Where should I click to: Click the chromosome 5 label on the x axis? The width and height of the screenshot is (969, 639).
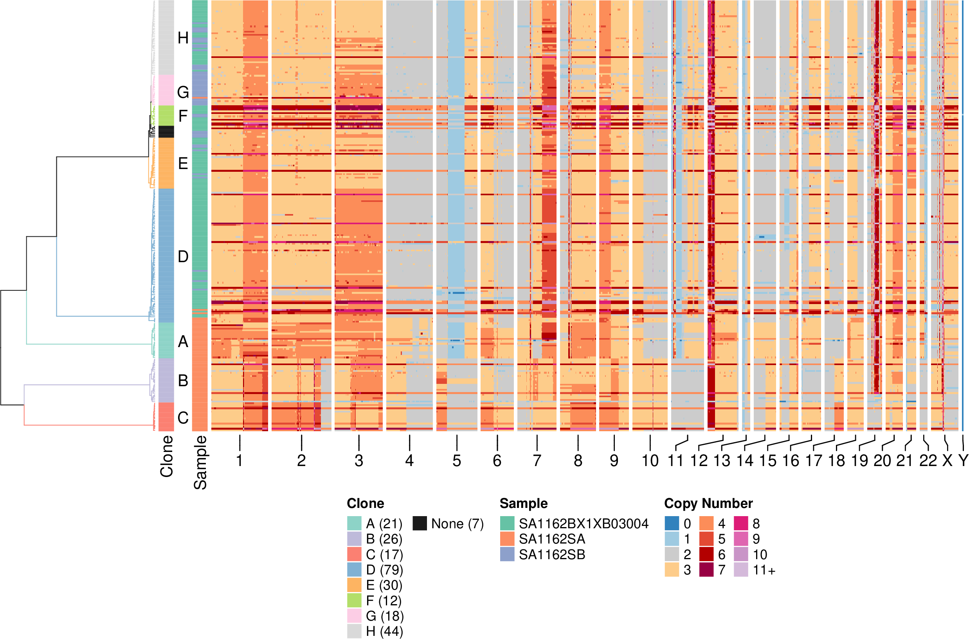(x=456, y=461)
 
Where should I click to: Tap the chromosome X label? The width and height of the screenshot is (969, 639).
(x=947, y=461)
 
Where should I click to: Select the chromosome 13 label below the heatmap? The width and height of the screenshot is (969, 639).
(x=722, y=461)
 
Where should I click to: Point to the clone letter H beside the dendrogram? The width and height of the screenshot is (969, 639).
(x=183, y=38)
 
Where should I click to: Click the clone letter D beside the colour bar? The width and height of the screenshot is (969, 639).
(x=183, y=257)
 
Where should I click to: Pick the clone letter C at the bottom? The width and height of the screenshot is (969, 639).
(x=183, y=418)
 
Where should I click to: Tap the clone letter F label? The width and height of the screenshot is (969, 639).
(x=183, y=117)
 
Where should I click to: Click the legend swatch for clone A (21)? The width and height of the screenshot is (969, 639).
(x=354, y=523)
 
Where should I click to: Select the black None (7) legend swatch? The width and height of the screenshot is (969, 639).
(x=420, y=523)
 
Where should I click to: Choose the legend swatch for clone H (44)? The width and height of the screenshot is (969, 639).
(x=354, y=631)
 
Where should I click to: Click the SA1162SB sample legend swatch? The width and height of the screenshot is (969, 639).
(x=507, y=554)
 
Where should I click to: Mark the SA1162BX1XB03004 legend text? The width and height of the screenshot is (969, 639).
(x=584, y=523)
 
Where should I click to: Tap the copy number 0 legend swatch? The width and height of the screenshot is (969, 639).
(x=672, y=523)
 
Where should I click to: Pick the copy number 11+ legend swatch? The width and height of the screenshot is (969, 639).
(x=741, y=570)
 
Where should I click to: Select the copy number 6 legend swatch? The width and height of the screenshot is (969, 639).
(x=706, y=554)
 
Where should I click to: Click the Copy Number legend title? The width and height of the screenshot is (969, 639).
(x=708, y=503)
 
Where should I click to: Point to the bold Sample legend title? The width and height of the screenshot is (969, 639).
(x=524, y=503)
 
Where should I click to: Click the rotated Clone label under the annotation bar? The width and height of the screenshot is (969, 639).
(x=167, y=456)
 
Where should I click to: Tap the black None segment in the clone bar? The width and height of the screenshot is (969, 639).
(x=166, y=131)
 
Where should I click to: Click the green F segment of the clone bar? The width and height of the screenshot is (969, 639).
(x=166, y=116)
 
